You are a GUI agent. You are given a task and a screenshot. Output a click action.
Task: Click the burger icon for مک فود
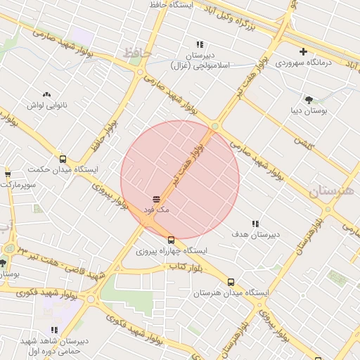pos(156,200)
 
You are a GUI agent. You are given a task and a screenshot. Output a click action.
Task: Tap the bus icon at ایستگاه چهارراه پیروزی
pos(171,240)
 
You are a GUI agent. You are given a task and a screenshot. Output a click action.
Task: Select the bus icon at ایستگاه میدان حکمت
pos(63,159)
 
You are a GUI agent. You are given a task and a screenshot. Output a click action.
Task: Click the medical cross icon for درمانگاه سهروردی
pos(303,51)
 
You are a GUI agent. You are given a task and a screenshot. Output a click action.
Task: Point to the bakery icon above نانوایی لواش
pos(46,94)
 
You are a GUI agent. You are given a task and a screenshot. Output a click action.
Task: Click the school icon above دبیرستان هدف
pos(255,223)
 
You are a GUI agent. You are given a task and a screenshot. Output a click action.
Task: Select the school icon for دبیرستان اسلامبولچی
pos(200,44)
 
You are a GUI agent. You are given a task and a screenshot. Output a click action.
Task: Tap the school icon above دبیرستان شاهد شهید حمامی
pos(54,329)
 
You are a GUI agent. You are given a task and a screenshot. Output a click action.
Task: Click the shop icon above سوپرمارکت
pos(8,174)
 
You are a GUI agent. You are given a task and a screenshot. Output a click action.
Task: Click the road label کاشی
pos(303,143)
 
